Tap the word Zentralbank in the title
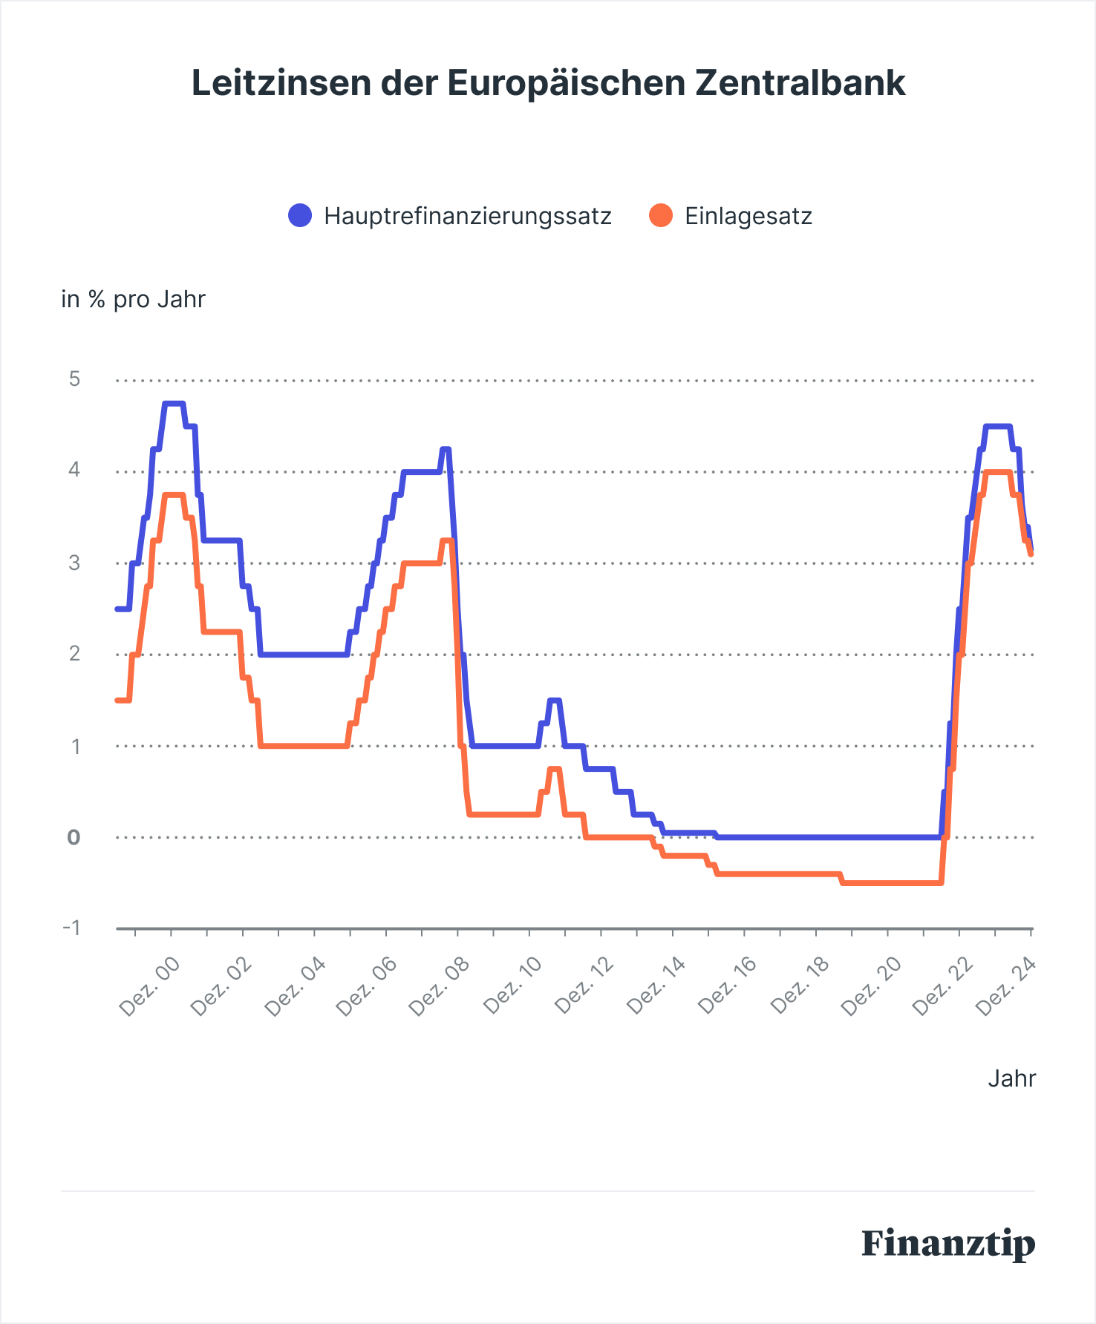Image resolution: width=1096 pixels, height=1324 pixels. pos(800,83)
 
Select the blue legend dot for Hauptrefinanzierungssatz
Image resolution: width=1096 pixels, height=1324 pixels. pos(300,216)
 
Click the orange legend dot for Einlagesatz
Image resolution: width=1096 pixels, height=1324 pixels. pos(660,216)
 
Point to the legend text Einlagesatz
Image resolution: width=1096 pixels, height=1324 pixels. pos(748,216)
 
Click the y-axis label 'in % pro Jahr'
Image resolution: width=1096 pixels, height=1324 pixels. pos(133,299)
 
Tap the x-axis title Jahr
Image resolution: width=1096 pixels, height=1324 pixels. pos(1011,1078)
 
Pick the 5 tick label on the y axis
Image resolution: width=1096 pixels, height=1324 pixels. pos(74,379)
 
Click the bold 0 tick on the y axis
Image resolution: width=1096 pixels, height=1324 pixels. pos(74,837)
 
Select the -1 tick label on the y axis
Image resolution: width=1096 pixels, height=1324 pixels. pos(71,928)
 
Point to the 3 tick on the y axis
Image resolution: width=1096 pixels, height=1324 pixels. pos(74,563)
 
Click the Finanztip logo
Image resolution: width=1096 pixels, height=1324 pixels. pos(948,1243)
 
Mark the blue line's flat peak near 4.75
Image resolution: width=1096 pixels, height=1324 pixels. pos(173,404)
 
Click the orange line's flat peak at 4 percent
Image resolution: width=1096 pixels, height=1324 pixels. pos(997,472)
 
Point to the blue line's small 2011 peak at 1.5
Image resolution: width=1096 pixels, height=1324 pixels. pos(554,700)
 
